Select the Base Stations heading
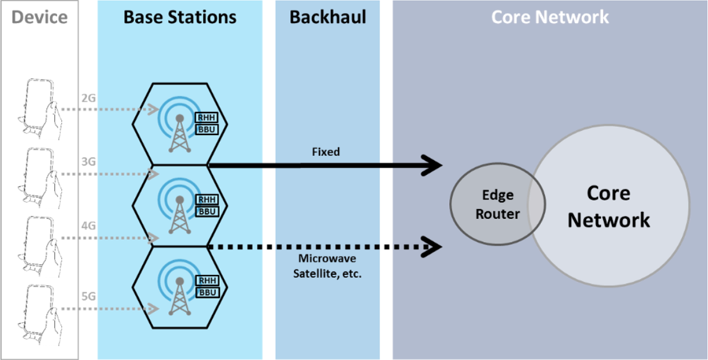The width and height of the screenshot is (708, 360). (180, 17)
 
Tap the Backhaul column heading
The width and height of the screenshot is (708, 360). (327, 17)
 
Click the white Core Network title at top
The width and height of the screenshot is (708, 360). (550, 17)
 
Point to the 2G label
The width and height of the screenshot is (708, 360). (88, 98)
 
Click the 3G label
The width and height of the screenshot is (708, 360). (88, 162)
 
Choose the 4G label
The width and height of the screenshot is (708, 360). (88, 227)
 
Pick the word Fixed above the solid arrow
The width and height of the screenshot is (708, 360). (326, 152)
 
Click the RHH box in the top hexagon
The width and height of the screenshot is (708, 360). (207, 118)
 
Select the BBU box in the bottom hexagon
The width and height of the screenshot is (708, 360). (207, 292)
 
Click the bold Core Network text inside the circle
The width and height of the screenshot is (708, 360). (608, 206)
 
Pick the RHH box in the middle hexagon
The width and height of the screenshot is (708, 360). (207, 200)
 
